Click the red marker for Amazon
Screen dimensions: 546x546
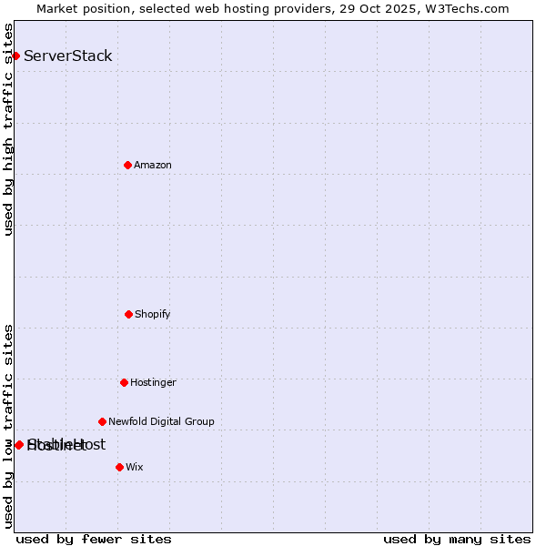127,165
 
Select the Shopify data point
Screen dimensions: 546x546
128,314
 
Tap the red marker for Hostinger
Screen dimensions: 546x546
124,382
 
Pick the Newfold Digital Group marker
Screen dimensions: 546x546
102,421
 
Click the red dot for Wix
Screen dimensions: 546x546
119,467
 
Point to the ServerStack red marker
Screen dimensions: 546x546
15,56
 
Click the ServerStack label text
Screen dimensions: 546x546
68,56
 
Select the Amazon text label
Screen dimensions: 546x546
153,165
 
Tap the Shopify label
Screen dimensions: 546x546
153,314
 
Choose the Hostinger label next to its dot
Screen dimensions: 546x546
153,382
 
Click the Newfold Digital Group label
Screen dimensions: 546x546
161,421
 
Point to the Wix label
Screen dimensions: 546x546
135,467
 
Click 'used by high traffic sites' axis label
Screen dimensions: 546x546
8,129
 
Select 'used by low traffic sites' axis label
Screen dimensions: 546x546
8,426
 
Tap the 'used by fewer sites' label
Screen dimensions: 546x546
94,539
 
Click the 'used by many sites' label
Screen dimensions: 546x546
457,539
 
